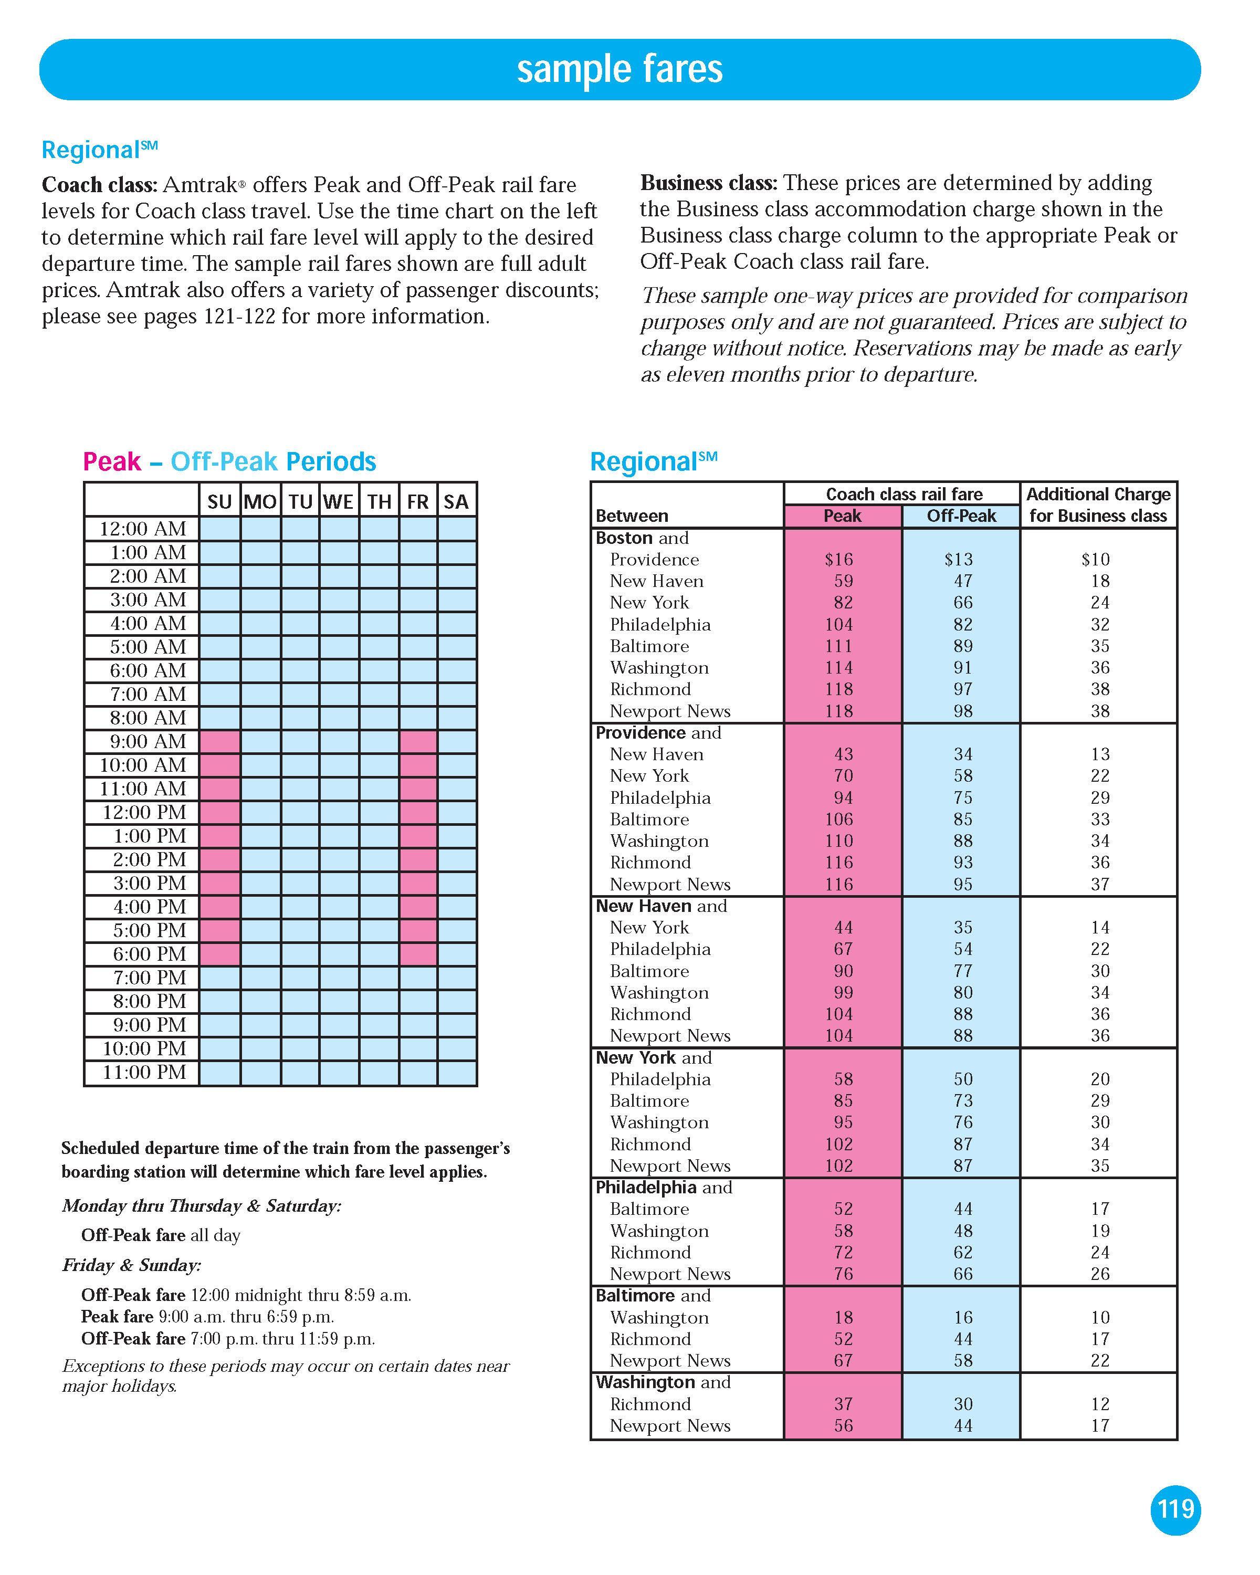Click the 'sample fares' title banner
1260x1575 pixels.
point(619,69)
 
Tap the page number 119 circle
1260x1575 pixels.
point(1175,1508)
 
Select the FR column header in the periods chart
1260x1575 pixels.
point(418,502)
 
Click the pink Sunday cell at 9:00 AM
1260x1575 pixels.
point(220,741)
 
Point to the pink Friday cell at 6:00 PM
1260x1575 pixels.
point(418,954)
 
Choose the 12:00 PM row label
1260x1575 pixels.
point(144,812)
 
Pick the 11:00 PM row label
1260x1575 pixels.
point(144,1073)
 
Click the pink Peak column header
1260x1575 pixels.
point(842,516)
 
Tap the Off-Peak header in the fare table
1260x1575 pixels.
point(961,516)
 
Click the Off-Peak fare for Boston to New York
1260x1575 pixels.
point(963,603)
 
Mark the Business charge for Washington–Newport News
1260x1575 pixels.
point(1100,1425)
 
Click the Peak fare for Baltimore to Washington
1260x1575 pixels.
point(843,1317)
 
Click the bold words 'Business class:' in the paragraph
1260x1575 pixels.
point(707,183)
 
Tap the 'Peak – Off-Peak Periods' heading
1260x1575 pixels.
point(229,461)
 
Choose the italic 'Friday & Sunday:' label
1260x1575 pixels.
point(131,1265)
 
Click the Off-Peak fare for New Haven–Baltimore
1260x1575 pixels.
point(963,971)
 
